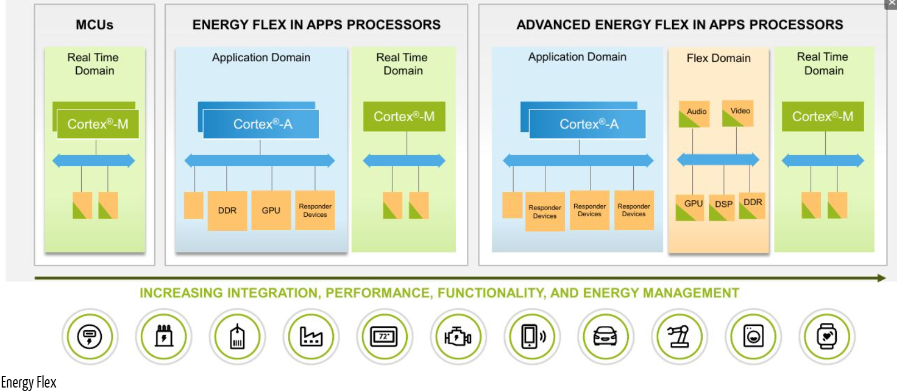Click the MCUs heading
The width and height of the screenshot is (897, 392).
point(95,25)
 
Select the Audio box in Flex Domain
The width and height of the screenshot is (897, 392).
point(694,114)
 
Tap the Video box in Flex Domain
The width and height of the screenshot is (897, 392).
point(738,113)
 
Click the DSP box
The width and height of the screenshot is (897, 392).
point(722,207)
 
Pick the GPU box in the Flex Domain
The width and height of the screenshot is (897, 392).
point(689,207)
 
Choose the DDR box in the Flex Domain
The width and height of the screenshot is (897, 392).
point(752,206)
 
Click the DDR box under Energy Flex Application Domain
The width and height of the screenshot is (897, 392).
point(227,210)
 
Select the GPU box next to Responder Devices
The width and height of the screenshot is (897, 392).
point(271,210)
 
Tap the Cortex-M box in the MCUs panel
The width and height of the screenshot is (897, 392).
point(98,124)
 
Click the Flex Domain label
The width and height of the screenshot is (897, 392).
point(718,58)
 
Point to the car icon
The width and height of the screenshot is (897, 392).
point(605,336)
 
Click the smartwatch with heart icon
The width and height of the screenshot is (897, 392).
point(826,336)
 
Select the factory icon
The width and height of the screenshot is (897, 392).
point(310,336)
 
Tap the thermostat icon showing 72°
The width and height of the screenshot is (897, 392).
point(384,336)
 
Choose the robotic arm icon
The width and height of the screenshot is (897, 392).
point(679,336)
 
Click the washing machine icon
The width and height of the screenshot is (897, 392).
point(753,336)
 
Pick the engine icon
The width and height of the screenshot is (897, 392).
point(458,336)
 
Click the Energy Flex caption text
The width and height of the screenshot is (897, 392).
point(28,383)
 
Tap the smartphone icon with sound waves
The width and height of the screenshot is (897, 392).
point(532,336)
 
